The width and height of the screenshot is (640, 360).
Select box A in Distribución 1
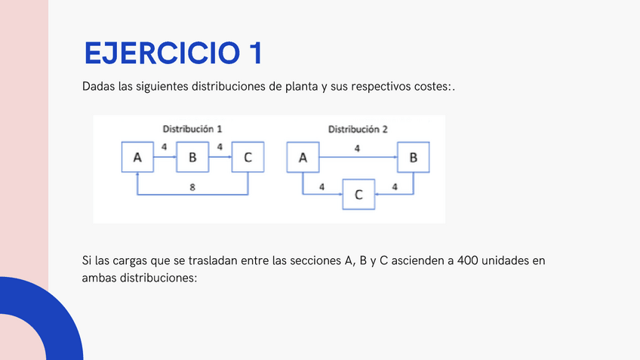coord(137,157)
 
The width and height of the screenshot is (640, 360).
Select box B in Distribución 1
coord(192,157)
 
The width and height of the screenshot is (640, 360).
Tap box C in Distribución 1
coord(248,157)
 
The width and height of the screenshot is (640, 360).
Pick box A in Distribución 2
coord(303,157)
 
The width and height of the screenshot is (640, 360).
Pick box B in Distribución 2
coord(413,157)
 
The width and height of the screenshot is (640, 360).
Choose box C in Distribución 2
coord(358,194)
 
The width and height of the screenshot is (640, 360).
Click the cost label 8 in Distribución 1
coord(192,186)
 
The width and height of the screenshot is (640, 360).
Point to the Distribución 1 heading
coord(192,129)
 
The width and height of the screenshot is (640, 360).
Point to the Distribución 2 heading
coord(358,129)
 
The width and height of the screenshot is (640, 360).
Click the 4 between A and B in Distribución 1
coord(165,146)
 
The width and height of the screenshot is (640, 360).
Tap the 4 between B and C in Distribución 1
coord(220,146)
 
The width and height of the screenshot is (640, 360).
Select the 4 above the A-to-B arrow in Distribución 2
coord(357,149)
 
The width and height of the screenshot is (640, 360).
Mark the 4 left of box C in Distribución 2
coord(322,186)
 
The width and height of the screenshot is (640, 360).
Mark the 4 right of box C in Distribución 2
coord(395,186)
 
